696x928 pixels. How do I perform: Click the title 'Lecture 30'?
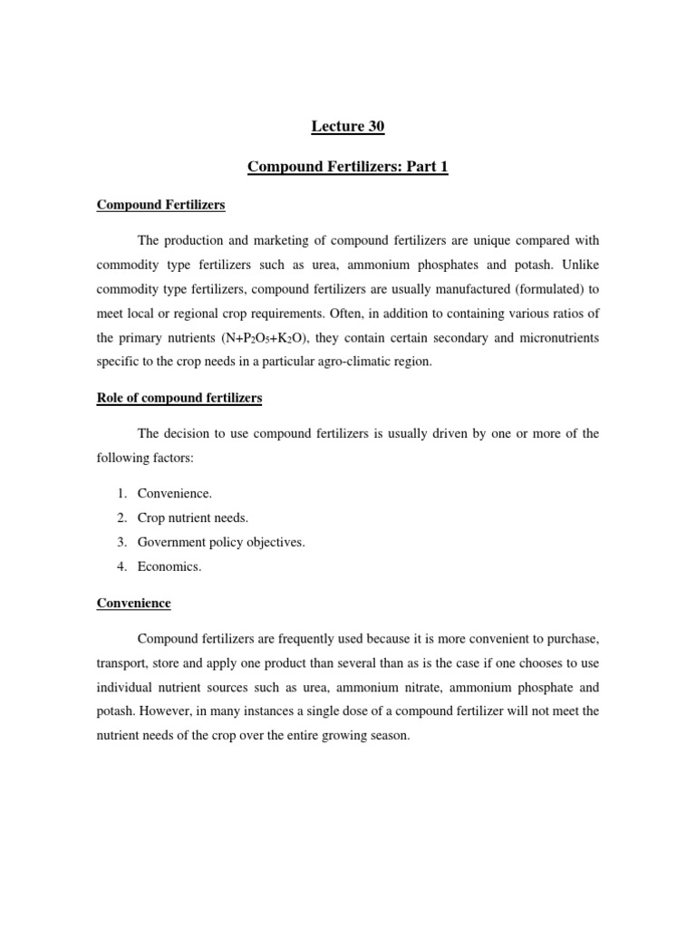347,128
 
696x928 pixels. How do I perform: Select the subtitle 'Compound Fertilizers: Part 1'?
347,168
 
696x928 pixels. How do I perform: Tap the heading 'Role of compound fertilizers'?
179,398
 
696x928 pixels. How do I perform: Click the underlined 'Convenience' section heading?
133,603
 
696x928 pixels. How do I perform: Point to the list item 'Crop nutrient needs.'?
192,517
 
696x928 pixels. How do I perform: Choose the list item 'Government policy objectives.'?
221,542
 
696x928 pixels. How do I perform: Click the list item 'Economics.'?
169,566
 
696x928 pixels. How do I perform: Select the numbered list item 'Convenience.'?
174,493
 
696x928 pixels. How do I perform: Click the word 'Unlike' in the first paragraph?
580,265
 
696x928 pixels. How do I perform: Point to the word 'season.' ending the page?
388,736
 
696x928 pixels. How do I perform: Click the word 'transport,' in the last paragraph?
124,662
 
